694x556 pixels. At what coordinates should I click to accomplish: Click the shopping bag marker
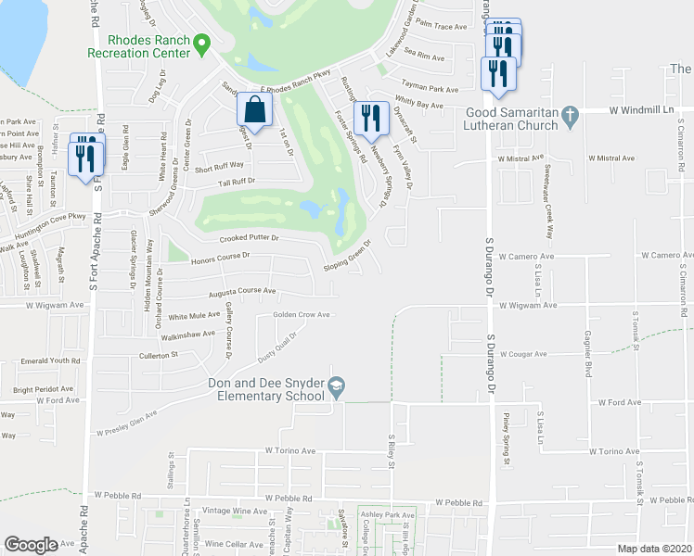[x=255, y=110]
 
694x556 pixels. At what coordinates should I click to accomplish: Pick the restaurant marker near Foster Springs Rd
[x=371, y=117]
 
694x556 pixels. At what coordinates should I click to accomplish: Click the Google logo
[x=32, y=544]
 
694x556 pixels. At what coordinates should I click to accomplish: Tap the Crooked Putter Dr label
[x=249, y=238]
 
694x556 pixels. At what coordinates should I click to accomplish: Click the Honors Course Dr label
[x=221, y=256]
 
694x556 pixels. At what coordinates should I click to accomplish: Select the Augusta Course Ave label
[x=242, y=292]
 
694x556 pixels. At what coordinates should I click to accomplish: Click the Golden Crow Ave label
[x=302, y=314]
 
